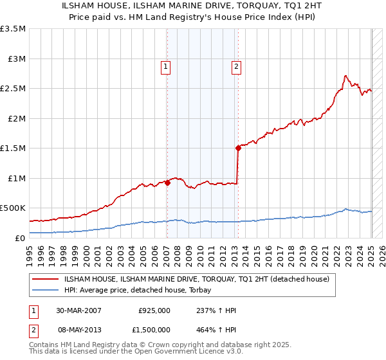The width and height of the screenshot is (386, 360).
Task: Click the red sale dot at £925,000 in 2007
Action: point(167,183)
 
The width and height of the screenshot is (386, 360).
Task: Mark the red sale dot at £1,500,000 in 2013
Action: point(238,148)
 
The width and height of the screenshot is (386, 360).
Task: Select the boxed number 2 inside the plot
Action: point(237,66)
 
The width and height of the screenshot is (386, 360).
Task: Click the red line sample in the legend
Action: point(46,279)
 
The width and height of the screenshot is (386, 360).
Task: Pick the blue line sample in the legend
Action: point(46,290)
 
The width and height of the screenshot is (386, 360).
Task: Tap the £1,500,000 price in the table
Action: point(151,329)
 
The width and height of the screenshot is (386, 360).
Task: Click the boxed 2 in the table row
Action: point(33,329)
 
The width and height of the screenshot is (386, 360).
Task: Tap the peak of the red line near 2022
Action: point(345,75)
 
